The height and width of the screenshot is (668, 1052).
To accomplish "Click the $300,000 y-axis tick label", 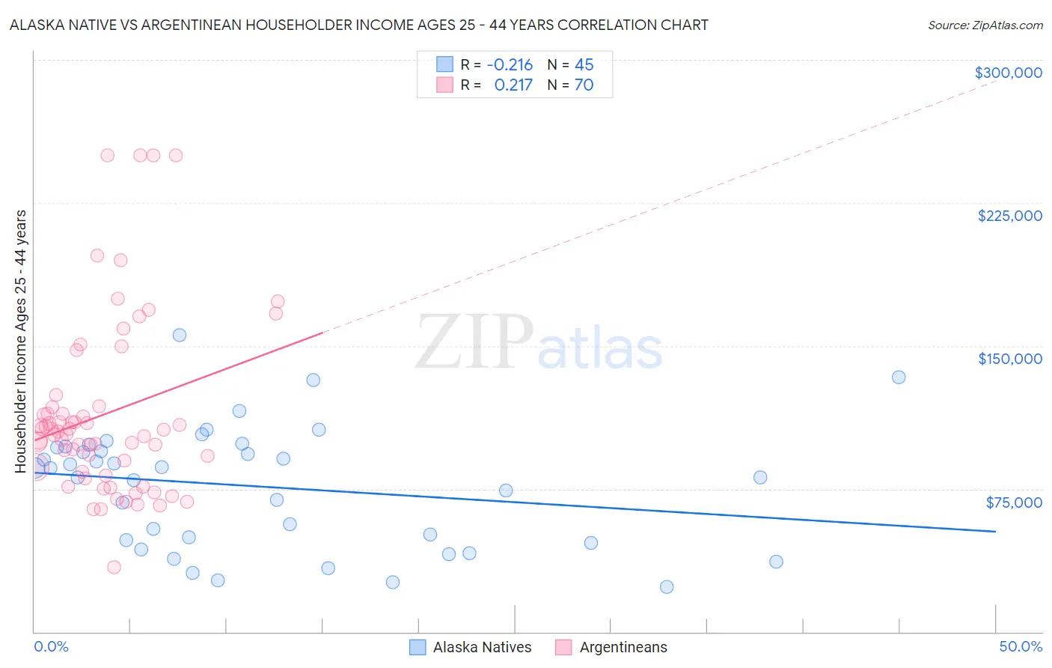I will click(x=1008, y=73).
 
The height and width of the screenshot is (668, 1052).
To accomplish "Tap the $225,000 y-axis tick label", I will click(x=1009, y=216).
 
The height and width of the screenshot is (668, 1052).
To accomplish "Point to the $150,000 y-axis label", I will click(x=1009, y=359).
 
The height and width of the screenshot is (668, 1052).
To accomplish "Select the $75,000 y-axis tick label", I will click(x=1013, y=502).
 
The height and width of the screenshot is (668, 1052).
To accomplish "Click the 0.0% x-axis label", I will click(x=51, y=646).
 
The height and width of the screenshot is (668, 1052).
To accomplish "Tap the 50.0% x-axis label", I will click(x=1020, y=646).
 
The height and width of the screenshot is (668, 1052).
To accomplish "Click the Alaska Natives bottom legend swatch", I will click(x=418, y=647).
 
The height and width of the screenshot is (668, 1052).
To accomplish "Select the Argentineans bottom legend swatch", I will click(x=563, y=647).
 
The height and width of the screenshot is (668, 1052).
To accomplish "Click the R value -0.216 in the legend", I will click(x=510, y=64).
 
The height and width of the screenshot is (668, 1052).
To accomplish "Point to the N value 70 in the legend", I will click(x=584, y=85).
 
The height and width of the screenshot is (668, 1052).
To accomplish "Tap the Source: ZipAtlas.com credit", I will click(x=985, y=25).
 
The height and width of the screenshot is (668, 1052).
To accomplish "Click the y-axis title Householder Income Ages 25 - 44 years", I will click(x=20, y=341).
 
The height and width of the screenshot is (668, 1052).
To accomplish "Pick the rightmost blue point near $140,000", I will click(x=899, y=377).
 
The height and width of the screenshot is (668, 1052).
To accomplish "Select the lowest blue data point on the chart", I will click(x=667, y=586).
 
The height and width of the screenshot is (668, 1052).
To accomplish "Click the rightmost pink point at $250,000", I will click(x=176, y=155).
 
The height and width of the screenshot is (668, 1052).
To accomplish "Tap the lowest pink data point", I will click(x=114, y=567).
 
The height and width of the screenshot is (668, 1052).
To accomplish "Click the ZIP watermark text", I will click(x=474, y=342).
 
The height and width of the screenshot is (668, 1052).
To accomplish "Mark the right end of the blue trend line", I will click(x=995, y=531).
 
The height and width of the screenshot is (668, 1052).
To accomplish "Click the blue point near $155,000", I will click(x=180, y=335).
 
